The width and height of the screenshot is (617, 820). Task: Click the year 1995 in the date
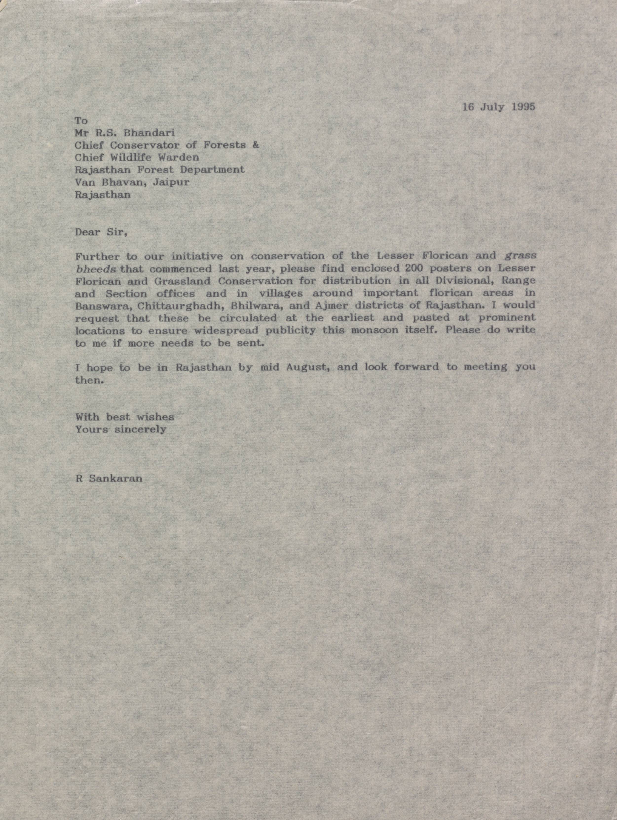click(x=523, y=107)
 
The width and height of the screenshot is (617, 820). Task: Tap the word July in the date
click(x=492, y=107)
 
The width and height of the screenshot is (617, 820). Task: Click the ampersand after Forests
click(x=255, y=145)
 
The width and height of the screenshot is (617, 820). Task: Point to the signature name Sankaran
click(x=115, y=478)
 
